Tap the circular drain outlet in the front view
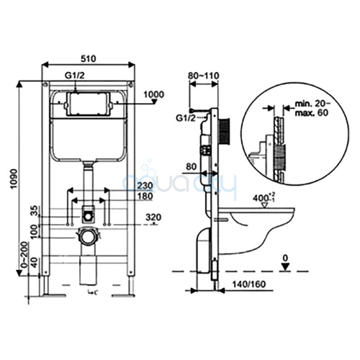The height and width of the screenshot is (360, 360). pyautogui.click(x=87, y=235)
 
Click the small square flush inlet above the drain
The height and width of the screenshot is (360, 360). pyautogui.click(x=87, y=214)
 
